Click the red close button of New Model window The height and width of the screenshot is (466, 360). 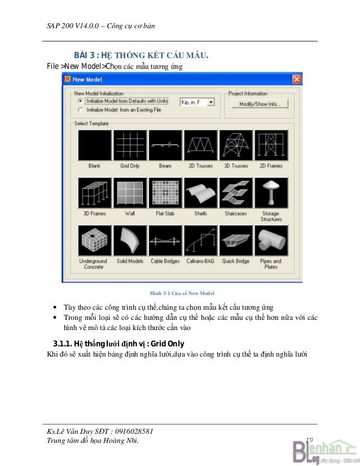click(297, 79)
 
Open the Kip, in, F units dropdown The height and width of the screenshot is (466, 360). click(211, 102)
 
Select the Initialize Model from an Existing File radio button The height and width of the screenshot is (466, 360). click(80, 110)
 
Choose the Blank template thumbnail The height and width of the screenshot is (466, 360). click(95, 146)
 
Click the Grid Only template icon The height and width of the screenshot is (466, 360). click(130, 146)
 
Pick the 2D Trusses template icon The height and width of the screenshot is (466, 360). click(201, 146)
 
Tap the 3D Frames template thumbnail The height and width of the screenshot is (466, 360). click(95, 193)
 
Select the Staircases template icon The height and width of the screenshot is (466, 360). click(236, 193)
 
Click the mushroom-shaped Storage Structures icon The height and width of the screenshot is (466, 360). click(271, 193)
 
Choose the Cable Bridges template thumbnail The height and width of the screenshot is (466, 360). click(165, 240)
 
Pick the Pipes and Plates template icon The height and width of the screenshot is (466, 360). click(271, 240)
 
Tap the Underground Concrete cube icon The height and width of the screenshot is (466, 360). click(95, 240)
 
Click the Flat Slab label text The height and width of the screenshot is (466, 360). click(165, 213)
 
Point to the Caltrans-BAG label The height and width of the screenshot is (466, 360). click(200, 261)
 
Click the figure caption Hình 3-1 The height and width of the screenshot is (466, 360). click(160, 293)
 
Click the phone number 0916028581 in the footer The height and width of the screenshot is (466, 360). click(134, 431)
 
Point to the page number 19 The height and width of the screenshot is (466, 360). click(309, 440)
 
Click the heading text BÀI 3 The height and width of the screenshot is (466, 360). click(84, 55)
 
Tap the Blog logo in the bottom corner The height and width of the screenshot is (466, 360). click(326, 452)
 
